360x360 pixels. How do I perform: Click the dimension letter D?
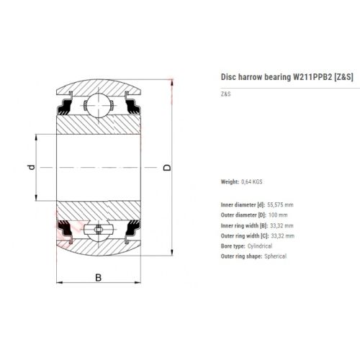click(167, 168)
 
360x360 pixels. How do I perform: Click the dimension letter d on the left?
click(32, 167)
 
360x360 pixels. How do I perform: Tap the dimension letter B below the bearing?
click(99, 277)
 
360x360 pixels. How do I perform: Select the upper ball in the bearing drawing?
click(99, 105)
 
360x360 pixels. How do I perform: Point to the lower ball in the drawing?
click(99, 230)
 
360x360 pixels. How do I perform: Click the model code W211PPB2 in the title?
click(312, 77)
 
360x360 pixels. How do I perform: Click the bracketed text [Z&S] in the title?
click(343, 77)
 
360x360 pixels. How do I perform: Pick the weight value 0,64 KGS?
click(252, 181)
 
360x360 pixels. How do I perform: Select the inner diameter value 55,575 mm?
click(280, 204)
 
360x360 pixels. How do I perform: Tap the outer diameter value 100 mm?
click(278, 215)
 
